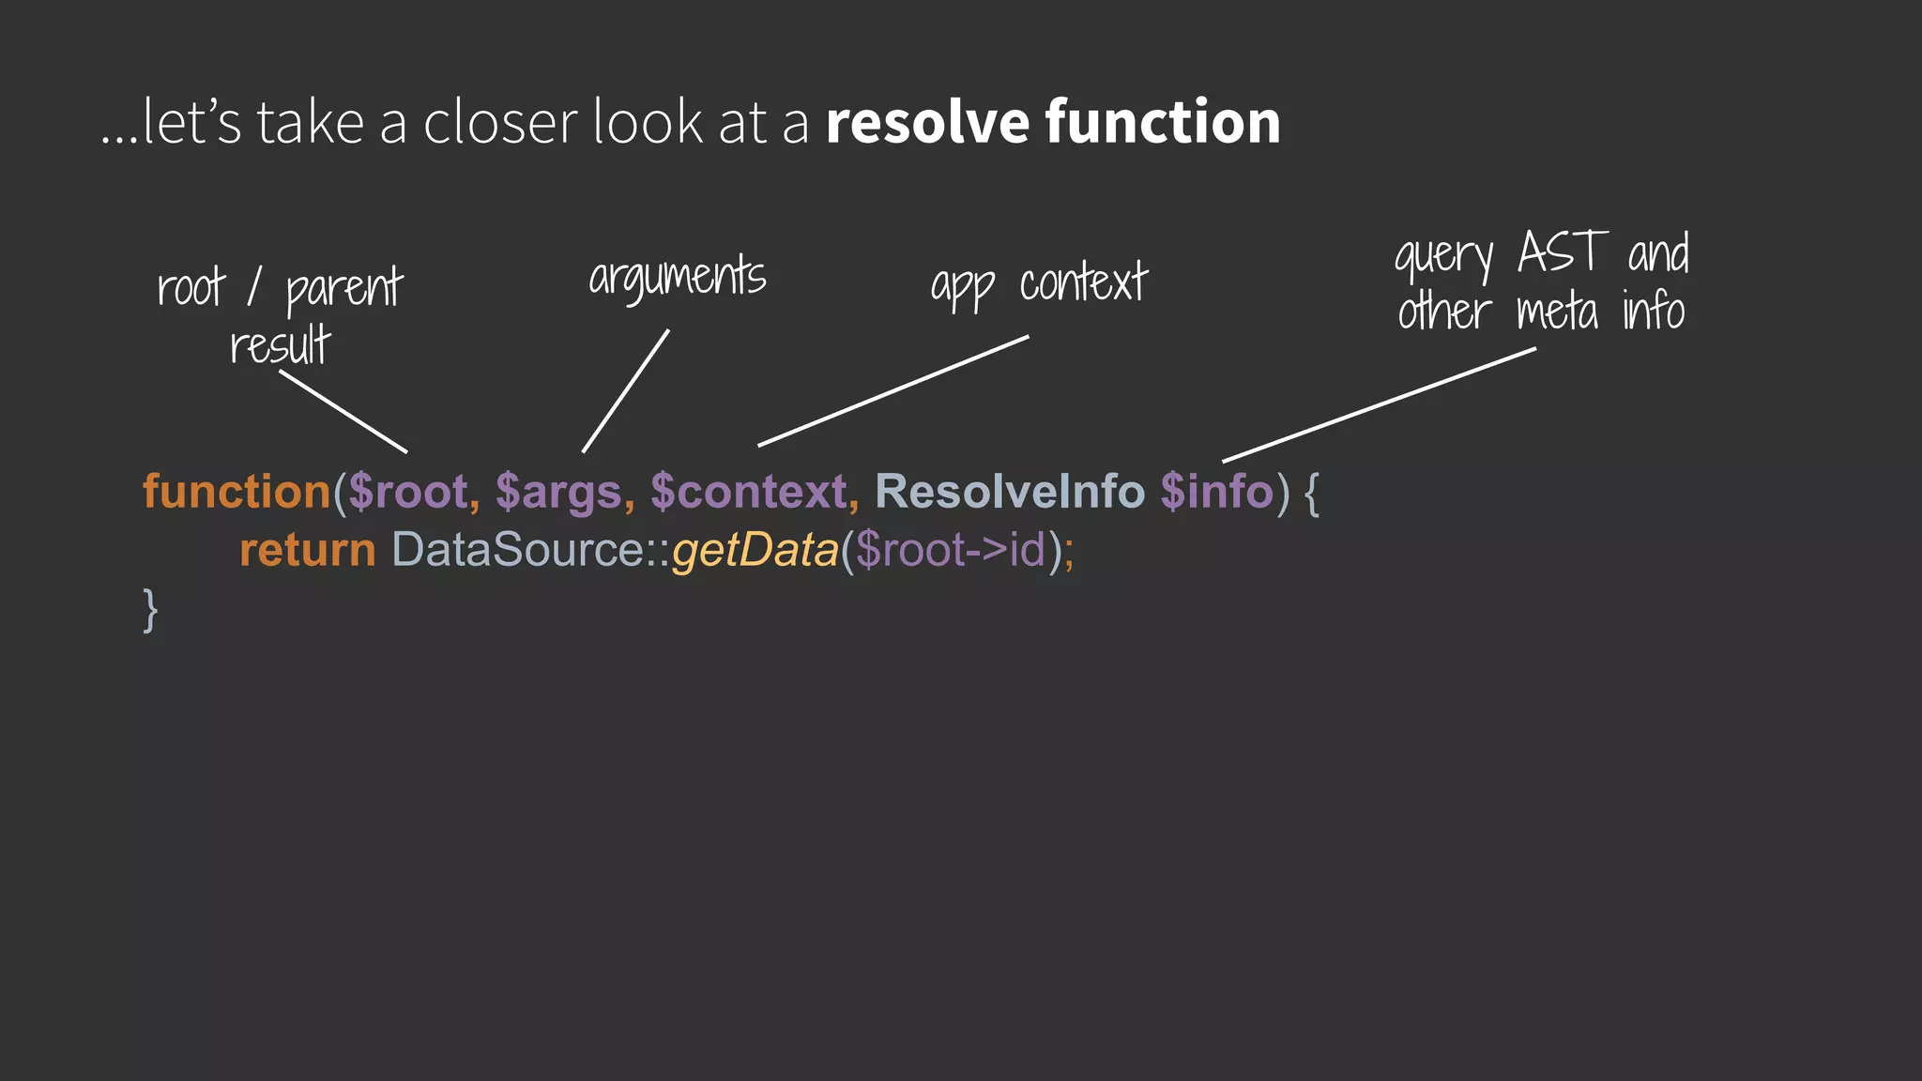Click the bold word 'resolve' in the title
(927, 122)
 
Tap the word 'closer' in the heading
(500, 122)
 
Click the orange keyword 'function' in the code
(236, 492)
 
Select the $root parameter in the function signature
(408, 492)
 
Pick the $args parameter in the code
(558, 492)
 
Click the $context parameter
(749, 492)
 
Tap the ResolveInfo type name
(1010, 492)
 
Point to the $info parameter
(1216, 492)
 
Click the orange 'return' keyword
(307, 550)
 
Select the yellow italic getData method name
(755, 550)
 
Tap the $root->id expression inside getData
(950, 550)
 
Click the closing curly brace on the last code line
(150, 610)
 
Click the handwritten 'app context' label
(1038, 284)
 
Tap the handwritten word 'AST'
(1563, 252)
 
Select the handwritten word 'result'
(280, 345)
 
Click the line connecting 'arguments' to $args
(625, 391)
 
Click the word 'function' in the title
(1162, 122)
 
